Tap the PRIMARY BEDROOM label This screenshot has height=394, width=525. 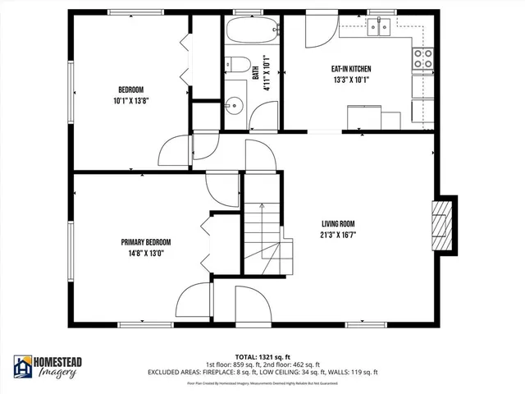pyautogui.click(x=146, y=242)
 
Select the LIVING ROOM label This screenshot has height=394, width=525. pyautogui.click(x=338, y=223)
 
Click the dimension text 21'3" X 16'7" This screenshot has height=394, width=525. pyautogui.click(x=338, y=235)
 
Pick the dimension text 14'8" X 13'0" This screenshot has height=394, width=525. pyautogui.click(x=146, y=254)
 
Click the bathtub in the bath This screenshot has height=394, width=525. pyautogui.click(x=251, y=32)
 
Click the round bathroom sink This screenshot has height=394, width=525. pyautogui.click(x=235, y=103)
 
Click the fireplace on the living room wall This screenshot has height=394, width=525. pyautogui.click(x=444, y=222)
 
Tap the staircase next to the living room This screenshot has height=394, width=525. pyautogui.click(x=264, y=234)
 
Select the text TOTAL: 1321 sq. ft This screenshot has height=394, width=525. pyautogui.click(x=262, y=357)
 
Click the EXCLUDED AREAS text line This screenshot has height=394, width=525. pyautogui.click(x=262, y=373)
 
